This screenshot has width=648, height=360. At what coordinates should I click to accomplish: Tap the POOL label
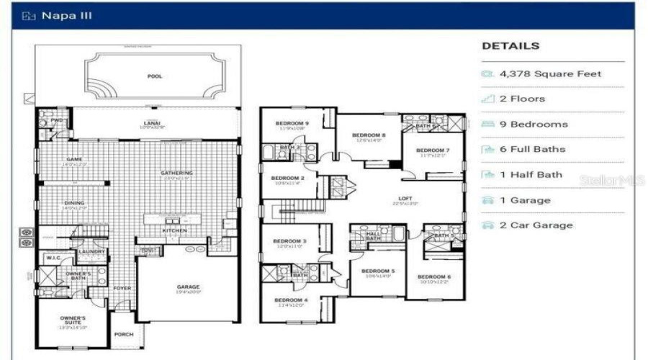pos(155,76)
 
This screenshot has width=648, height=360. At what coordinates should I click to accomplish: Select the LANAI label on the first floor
pos(151,123)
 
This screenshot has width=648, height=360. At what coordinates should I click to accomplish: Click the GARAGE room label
pos(189,287)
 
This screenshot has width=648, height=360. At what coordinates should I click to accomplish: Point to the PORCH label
pos(124,334)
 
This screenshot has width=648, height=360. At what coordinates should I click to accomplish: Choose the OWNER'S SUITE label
pos(72,320)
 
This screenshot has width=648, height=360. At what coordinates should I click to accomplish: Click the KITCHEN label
pos(175,230)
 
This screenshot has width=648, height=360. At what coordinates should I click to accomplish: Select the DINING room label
pos(74,203)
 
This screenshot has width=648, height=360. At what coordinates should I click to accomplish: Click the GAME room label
pos(74,159)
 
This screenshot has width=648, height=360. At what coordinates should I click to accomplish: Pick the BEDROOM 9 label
pos(292,123)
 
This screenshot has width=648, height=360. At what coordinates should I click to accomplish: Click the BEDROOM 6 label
pos(434,276)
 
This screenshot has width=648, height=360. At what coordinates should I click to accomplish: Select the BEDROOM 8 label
pos(369,135)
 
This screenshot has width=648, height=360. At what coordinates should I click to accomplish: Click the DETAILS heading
pos(510,46)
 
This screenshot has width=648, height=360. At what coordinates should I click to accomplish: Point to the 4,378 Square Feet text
pos(551,73)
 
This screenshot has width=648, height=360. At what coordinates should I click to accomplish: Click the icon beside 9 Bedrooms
pos(487,125)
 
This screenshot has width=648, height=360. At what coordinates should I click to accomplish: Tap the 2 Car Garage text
pos(536,225)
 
